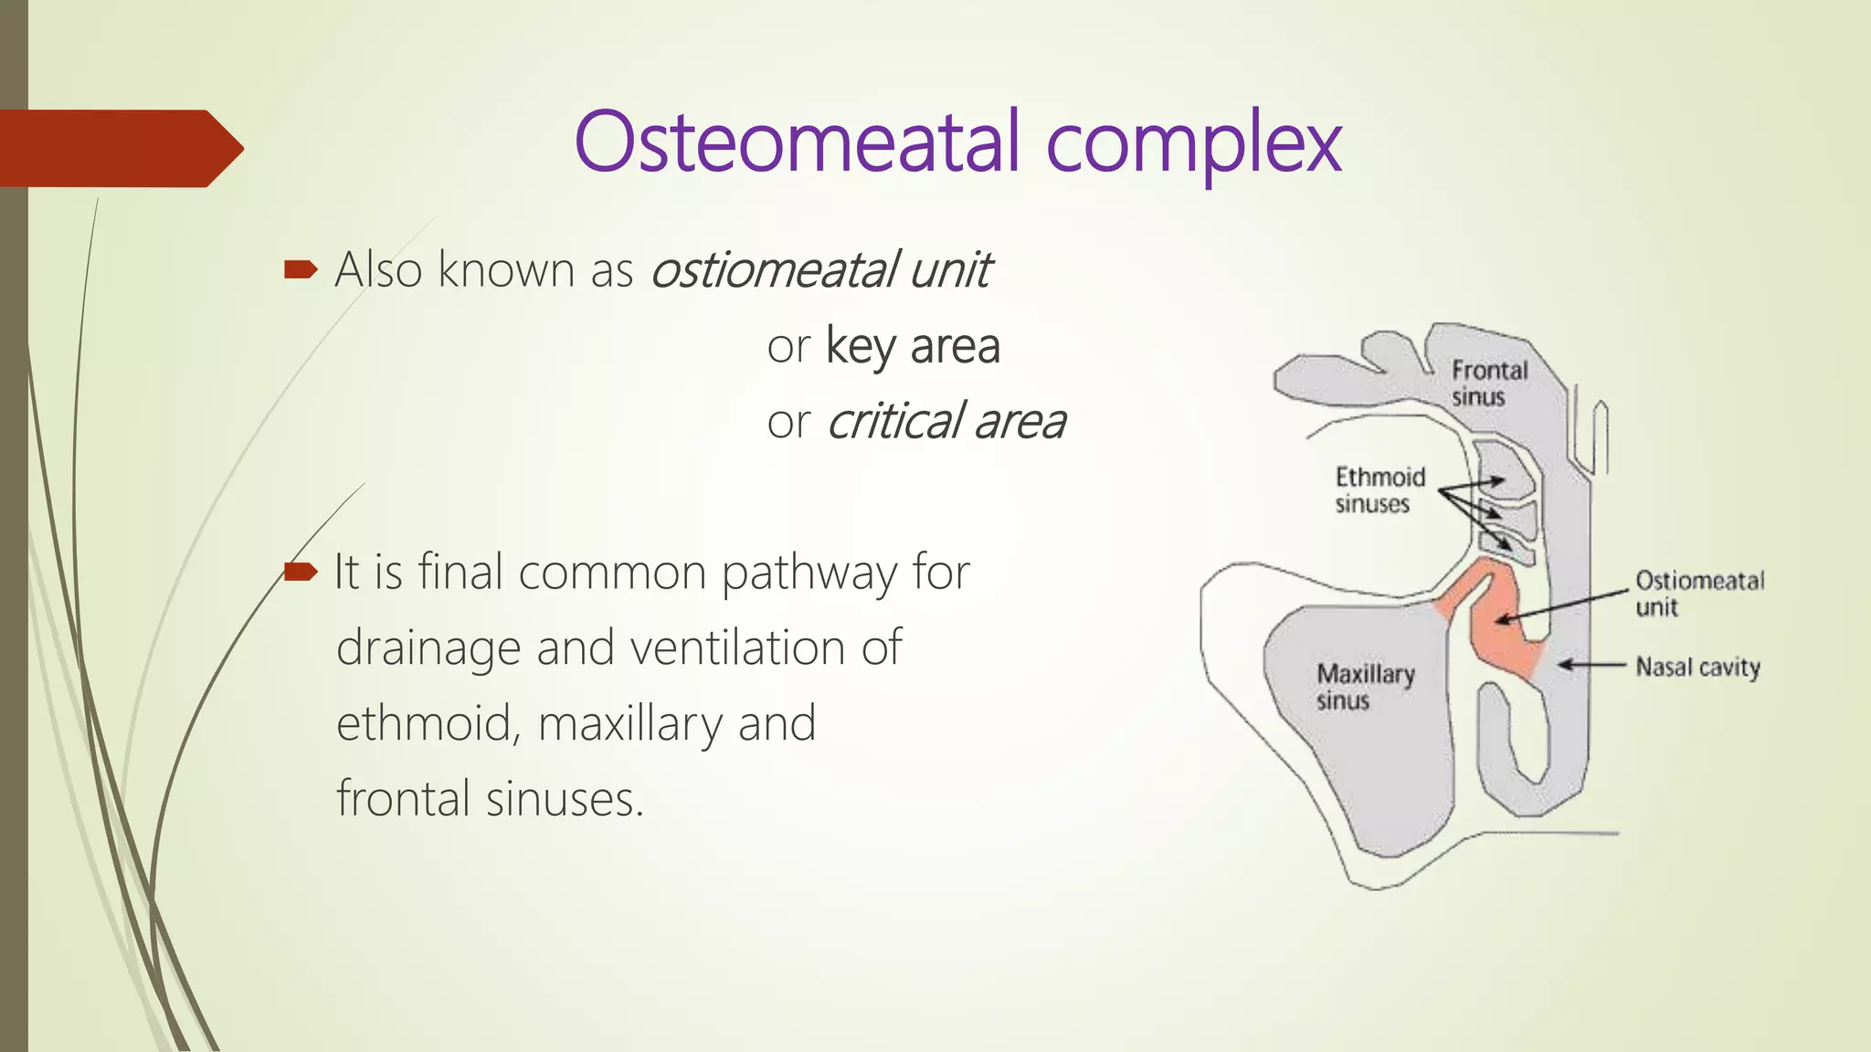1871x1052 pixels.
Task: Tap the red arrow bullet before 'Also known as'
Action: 301,269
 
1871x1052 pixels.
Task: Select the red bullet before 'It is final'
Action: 301,573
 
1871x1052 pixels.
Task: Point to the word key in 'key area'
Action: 860,347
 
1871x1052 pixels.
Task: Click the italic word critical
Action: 895,422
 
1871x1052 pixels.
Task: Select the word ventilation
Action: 737,648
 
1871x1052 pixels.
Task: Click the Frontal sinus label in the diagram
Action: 1488,383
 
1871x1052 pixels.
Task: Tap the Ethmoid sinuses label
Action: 1379,490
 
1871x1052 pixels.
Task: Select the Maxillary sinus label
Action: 1365,687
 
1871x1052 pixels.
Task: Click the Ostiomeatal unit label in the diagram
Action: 1698,593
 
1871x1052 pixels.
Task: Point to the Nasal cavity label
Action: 1697,667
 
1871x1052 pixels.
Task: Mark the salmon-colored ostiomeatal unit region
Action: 1503,639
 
